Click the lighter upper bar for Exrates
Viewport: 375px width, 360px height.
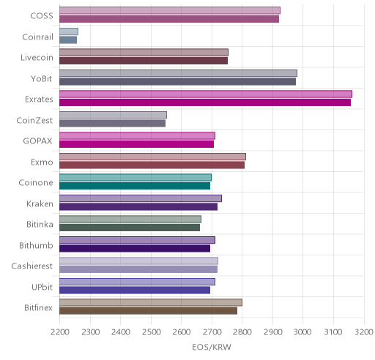[206, 94]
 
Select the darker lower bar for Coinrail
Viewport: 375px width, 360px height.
[68, 40]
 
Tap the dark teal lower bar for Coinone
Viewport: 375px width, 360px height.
[135, 186]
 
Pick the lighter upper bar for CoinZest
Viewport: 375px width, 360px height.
[113, 115]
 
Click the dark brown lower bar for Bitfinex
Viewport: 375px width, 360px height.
[148, 311]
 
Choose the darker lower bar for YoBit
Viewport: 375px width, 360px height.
[177, 81]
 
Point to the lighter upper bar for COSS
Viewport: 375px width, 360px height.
[170, 10]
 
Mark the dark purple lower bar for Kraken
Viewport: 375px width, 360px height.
[138, 206]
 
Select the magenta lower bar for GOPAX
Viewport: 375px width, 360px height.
[136, 144]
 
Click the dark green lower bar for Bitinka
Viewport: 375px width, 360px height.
[130, 228]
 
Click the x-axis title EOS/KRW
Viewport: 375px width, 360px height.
[212, 347]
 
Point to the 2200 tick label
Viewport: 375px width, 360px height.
[60, 332]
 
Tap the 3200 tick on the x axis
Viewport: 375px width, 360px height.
[364, 332]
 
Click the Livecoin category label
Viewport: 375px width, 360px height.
[37, 58]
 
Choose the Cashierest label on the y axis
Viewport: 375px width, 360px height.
[32, 266]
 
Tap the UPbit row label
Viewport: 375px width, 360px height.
[42, 287]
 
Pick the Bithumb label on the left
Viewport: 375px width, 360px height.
[36, 245]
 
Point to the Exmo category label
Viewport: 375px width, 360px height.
[42, 162]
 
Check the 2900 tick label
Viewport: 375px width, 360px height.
[272, 332]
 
